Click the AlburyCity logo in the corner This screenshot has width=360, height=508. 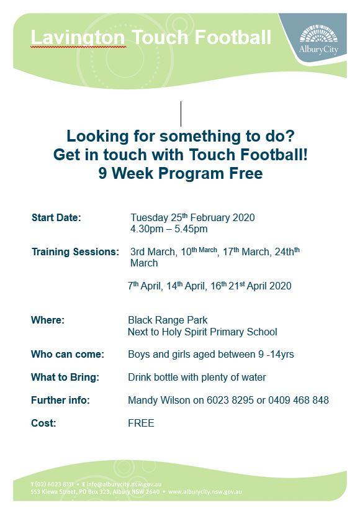(318, 40)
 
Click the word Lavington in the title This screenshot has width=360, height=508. (78, 38)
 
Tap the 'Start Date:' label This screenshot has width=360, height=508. (56, 217)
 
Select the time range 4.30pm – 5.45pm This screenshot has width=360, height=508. (169, 229)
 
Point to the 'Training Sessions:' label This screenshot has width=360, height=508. (76, 252)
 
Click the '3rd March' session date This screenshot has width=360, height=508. (153, 252)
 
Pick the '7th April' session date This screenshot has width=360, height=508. (144, 286)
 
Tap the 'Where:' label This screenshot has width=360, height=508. (48, 320)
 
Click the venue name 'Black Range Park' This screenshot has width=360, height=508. (168, 320)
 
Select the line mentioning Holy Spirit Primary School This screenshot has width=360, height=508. (203, 332)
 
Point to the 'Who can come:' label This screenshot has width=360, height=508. (68, 354)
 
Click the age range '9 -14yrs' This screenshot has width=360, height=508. (276, 354)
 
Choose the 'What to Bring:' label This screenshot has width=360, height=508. (65, 377)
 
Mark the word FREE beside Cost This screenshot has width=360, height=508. (141, 423)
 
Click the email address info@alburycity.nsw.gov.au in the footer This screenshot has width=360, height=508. (124, 484)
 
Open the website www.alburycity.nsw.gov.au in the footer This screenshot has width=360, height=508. (205, 492)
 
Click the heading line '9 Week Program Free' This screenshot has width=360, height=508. (181, 173)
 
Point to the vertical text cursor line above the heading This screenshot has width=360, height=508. (181, 114)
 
